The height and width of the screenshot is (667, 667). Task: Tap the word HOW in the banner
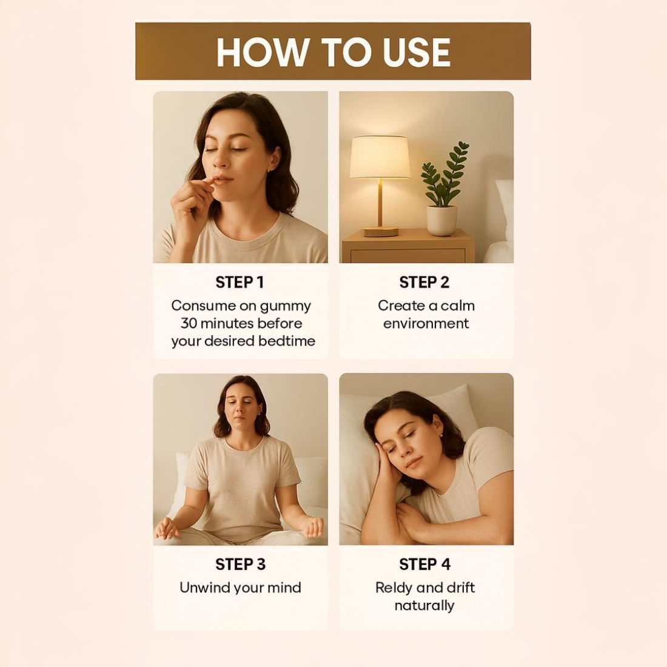[263, 52]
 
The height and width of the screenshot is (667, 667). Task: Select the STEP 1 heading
[240, 283]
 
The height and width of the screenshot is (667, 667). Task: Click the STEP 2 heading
[424, 283]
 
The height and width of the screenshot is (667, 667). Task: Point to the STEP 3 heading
[240, 565]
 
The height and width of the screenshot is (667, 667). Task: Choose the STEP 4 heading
[424, 565]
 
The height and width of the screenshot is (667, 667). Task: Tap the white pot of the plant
[442, 220]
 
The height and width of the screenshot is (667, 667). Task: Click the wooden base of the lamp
[381, 232]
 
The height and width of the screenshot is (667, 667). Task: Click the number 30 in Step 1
[188, 323]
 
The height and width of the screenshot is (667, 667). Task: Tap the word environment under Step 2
[426, 324]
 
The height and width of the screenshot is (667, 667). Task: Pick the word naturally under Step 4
[424, 606]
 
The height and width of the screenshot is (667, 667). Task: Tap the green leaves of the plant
[444, 175]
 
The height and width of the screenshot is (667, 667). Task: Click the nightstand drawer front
[407, 256]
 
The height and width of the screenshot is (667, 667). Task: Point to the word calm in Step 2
[457, 306]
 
